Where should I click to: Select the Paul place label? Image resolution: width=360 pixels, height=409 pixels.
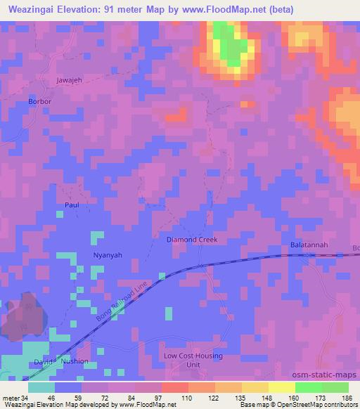[72, 204]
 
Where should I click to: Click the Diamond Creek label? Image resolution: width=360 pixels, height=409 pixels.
[192, 240]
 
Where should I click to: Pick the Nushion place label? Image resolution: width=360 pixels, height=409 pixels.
[75, 361]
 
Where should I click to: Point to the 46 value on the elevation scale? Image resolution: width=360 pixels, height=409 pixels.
[51, 397]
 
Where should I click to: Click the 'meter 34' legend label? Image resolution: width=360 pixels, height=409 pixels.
[14, 397]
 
